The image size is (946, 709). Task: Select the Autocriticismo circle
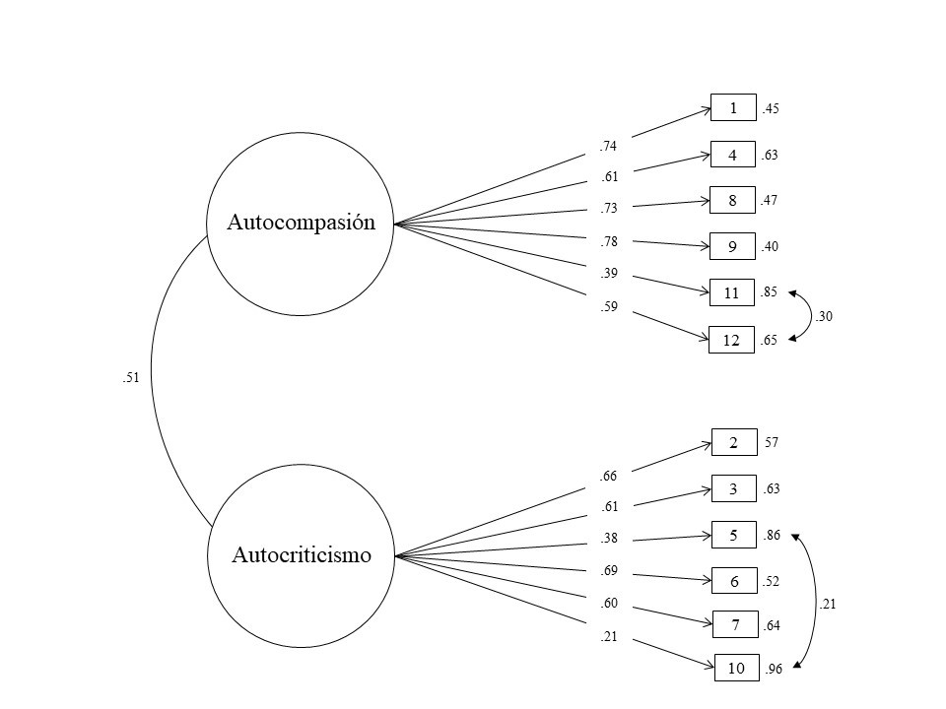pyautogui.click(x=301, y=555)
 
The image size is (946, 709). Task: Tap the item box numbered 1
pyautogui.click(x=733, y=108)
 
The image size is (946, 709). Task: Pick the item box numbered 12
pyautogui.click(x=733, y=340)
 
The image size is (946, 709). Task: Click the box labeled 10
pyautogui.click(x=736, y=669)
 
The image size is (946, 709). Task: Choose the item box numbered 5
pyautogui.click(x=734, y=536)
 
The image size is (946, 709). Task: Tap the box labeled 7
pyautogui.click(x=735, y=625)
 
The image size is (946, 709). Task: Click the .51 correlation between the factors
pyautogui.click(x=128, y=376)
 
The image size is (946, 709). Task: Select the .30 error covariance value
pyautogui.click(x=825, y=316)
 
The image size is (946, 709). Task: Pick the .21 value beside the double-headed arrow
pyautogui.click(x=828, y=605)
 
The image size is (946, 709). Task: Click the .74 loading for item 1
pyautogui.click(x=608, y=147)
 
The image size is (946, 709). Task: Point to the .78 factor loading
pyautogui.click(x=608, y=241)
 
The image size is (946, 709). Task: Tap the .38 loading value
pyautogui.click(x=608, y=539)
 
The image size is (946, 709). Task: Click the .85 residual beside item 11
pyautogui.click(x=771, y=292)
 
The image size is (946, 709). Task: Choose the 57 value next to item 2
pyautogui.click(x=772, y=444)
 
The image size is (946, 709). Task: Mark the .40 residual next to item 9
pyautogui.click(x=771, y=247)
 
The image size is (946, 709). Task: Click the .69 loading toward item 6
pyautogui.click(x=608, y=570)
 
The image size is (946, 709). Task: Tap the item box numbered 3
pyautogui.click(x=734, y=488)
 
